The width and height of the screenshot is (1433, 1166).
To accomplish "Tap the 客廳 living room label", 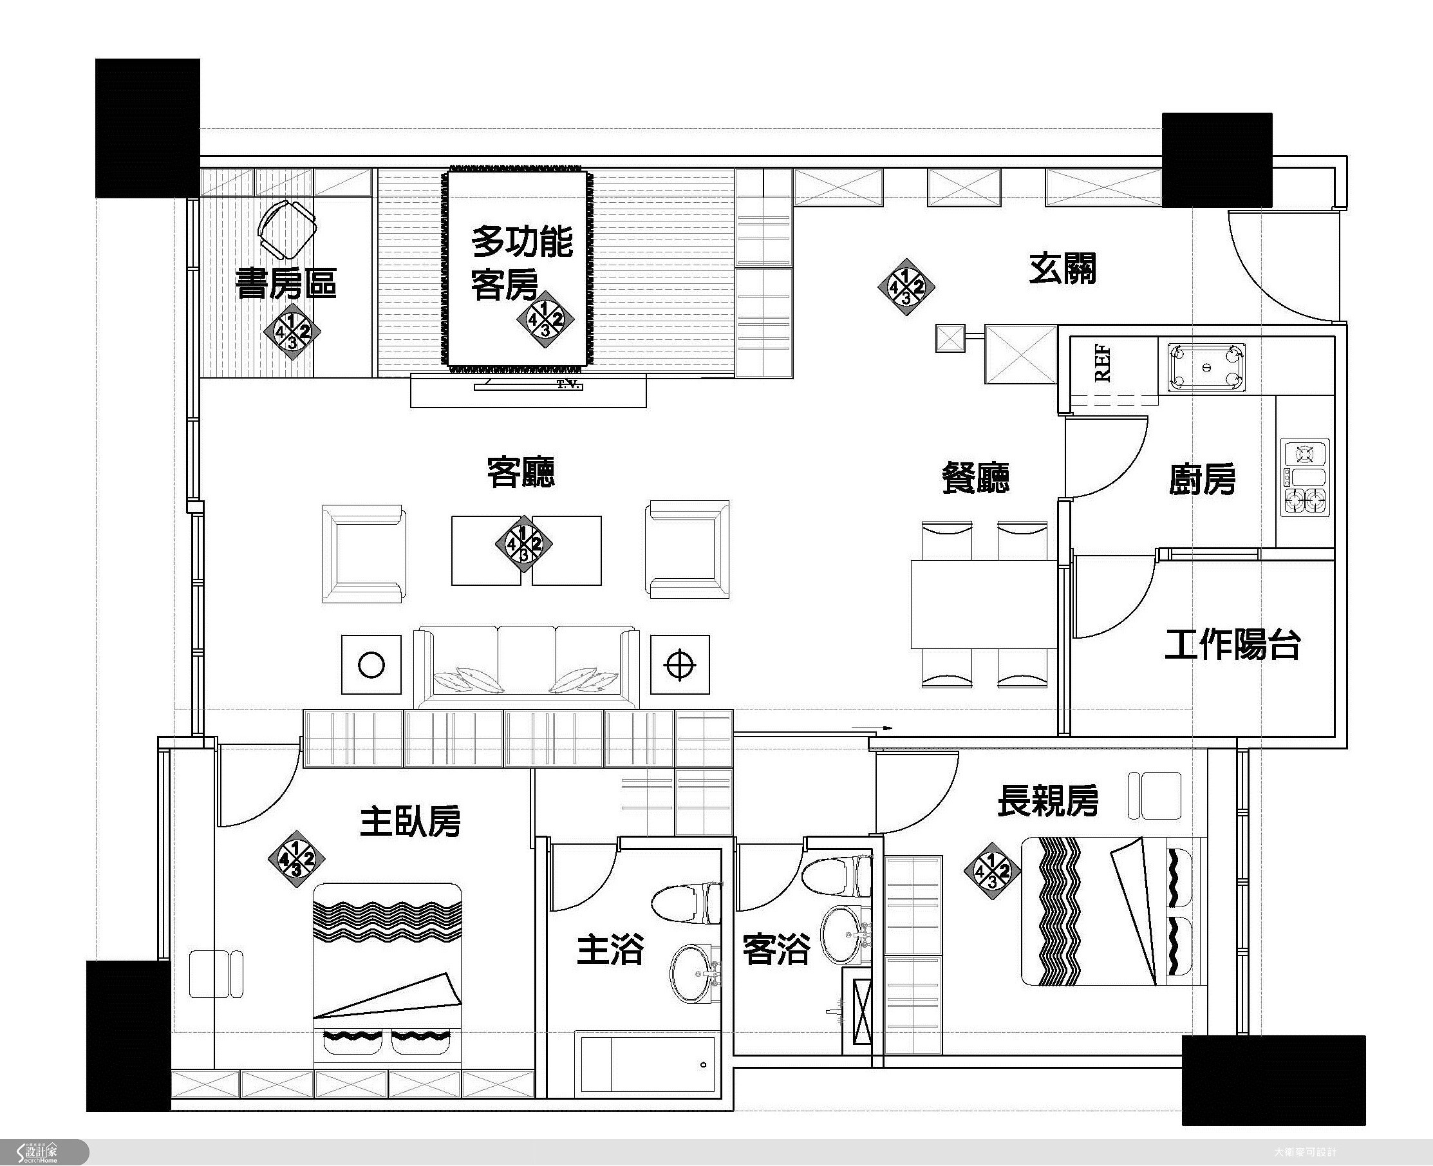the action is [x=520, y=472].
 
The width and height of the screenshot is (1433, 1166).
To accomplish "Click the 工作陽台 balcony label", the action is [x=1232, y=644].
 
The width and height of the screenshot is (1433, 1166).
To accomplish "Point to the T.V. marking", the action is [x=567, y=385].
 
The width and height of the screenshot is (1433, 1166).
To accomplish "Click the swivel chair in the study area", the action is [x=287, y=230].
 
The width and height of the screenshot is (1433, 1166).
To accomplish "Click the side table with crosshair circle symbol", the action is [x=680, y=664].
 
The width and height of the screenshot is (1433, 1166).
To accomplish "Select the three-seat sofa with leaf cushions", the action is [x=526, y=667].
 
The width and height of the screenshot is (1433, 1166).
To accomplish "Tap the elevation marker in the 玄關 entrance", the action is [x=906, y=287].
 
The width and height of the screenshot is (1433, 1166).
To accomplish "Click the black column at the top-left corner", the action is [x=147, y=128].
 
